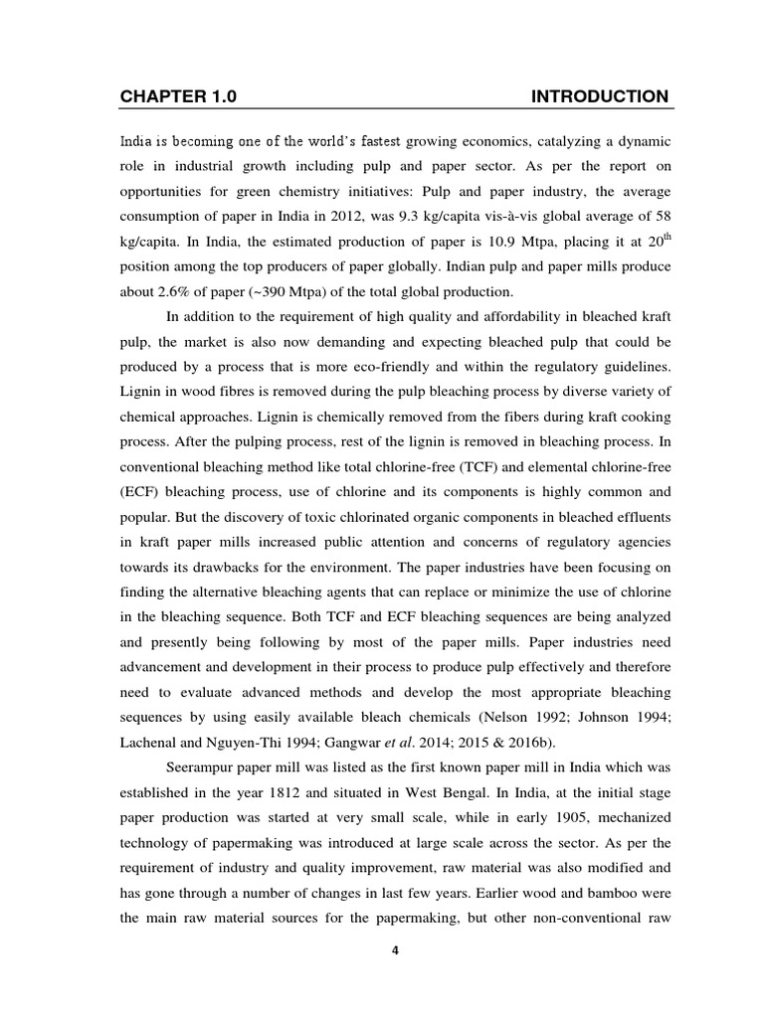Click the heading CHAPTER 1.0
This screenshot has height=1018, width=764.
coord(179,96)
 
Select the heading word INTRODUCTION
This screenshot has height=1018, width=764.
coord(600,96)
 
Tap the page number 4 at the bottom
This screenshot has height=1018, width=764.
coord(395,950)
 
